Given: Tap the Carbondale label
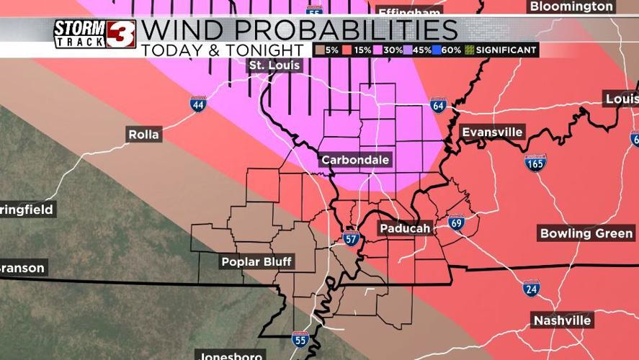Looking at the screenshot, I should click(x=355, y=160).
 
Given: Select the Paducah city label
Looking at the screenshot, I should click(x=404, y=229).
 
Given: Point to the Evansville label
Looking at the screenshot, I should click(x=492, y=132).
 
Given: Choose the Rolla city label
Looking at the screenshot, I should click(x=144, y=135).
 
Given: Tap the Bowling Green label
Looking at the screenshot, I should click(x=586, y=233).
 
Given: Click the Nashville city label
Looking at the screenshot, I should click(x=562, y=320).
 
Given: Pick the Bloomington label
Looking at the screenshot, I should click(x=571, y=6).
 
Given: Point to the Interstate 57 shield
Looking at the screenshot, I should click(x=351, y=238).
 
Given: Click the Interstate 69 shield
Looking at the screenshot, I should click(x=455, y=222).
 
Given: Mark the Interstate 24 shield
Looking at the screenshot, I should click(x=532, y=288).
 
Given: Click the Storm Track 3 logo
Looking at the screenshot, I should click(x=94, y=34).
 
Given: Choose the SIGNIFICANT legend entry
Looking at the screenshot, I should click(x=504, y=50).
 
